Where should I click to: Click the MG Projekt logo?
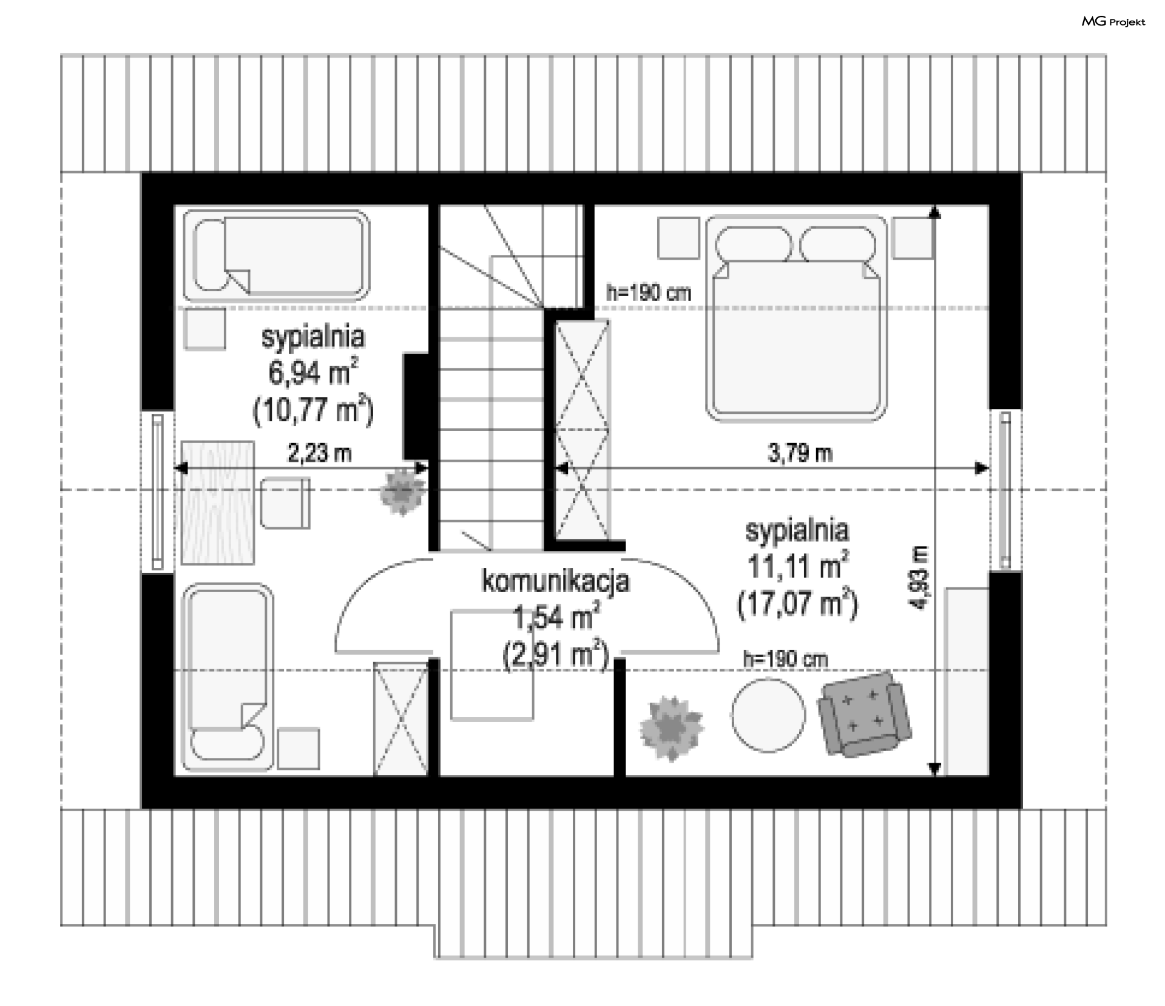(x=1113, y=22)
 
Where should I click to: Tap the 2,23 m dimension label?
(x=319, y=453)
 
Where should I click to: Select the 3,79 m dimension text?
(x=800, y=453)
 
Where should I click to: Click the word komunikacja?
(x=556, y=581)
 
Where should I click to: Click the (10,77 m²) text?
(x=313, y=411)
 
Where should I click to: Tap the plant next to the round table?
(x=672, y=727)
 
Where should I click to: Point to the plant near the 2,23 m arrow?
(x=402, y=492)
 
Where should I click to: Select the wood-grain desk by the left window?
(x=217, y=502)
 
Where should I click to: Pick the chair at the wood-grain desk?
(x=285, y=502)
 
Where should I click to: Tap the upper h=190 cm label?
(x=649, y=293)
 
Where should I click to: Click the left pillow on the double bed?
(x=754, y=245)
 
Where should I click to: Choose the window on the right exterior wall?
(x=1005, y=490)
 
